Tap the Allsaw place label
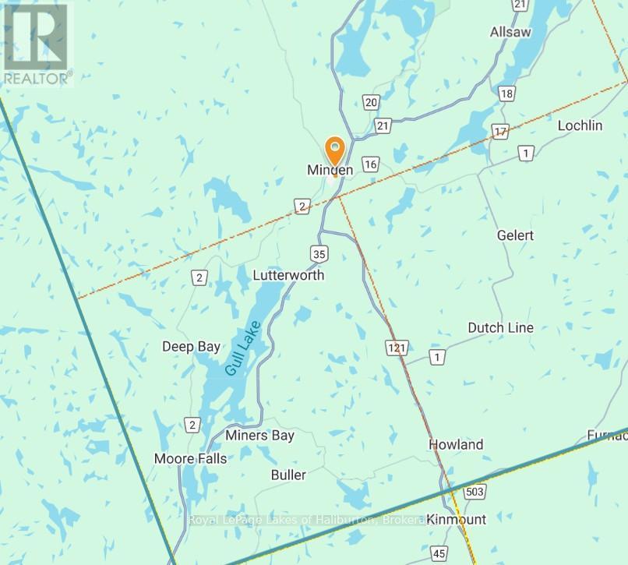click(x=511, y=32)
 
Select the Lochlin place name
click(x=580, y=125)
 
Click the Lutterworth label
click(x=288, y=275)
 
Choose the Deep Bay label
click(x=191, y=346)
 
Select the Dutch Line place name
click(x=500, y=327)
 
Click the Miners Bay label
click(x=259, y=435)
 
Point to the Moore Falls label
click(x=190, y=458)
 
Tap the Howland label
click(x=456, y=444)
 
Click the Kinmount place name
click(x=457, y=519)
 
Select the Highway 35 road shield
click(x=317, y=253)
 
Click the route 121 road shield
click(x=396, y=346)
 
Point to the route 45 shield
click(x=439, y=553)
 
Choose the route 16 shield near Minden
click(x=371, y=164)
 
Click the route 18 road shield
click(x=507, y=94)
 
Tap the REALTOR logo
click(x=37, y=43)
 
